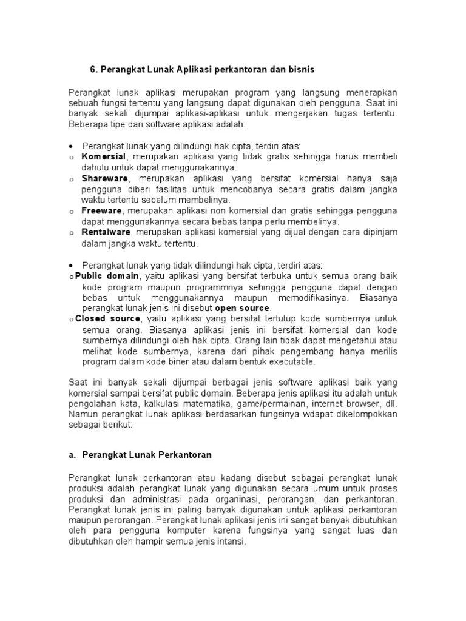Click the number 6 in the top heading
93,69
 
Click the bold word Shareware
105,179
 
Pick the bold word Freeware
102,210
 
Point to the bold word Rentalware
107,232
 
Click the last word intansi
231,542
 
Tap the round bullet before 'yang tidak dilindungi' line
72,266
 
